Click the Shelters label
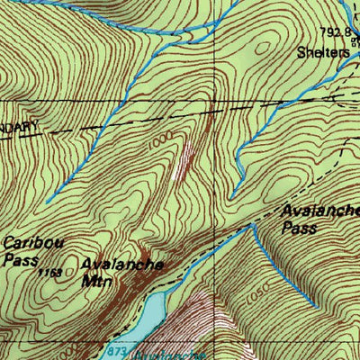(x=323, y=52)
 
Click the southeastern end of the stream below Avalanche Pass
(x=315, y=305)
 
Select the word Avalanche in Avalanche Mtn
(x=122, y=265)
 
